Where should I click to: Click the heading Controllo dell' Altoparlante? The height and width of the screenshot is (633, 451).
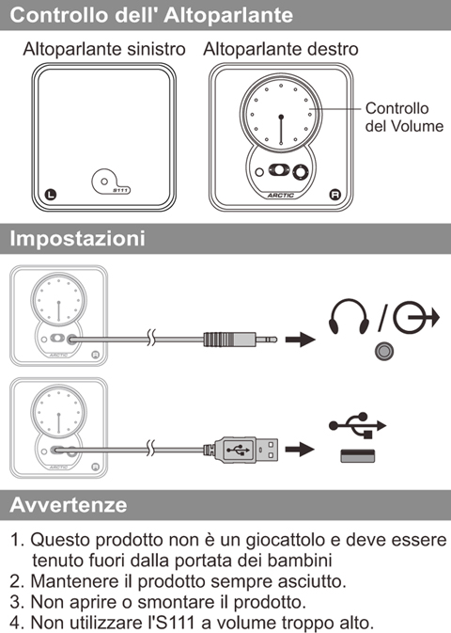pyautogui.click(x=151, y=15)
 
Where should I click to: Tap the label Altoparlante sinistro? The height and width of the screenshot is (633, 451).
pyautogui.click(x=104, y=49)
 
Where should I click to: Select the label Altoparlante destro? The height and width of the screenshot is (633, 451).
pyautogui.click(x=281, y=49)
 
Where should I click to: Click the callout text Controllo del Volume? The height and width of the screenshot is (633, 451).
pyautogui.click(x=404, y=117)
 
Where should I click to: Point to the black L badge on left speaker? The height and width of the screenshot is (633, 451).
pyautogui.click(x=51, y=194)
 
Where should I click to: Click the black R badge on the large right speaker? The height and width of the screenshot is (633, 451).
pyautogui.click(x=335, y=195)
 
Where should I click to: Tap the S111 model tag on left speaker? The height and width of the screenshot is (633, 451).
pyautogui.click(x=120, y=190)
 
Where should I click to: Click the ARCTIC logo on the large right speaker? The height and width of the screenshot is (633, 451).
pyautogui.click(x=281, y=196)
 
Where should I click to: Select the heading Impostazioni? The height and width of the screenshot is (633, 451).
pyautogui.click(x=77, y=238)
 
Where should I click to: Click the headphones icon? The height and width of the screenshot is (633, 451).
pyautogui.click(x=349, y=317)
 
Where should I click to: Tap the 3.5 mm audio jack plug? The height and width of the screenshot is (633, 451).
pyautogui.click(x=240, y=340)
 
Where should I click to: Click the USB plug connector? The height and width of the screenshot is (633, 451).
pyautogui.click(x=241, y=450)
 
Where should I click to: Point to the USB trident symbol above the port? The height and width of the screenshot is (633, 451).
pyautogui.click(x=357, y=425)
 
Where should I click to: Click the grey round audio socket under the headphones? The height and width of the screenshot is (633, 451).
pyautogui.click(x=384, y=351)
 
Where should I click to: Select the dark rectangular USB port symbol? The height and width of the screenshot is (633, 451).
pyautogui.click(x=358, y=456)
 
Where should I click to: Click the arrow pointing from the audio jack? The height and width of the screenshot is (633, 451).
pyautogui.click(x=300, y=340)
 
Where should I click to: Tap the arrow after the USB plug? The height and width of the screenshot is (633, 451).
pyautogui.click(x=300, y=449)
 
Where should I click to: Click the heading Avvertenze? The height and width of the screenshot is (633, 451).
pyautogui.click(x=69, y=505)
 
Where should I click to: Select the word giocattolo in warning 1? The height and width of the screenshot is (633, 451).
pyautogui.click(x=286, y=540)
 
